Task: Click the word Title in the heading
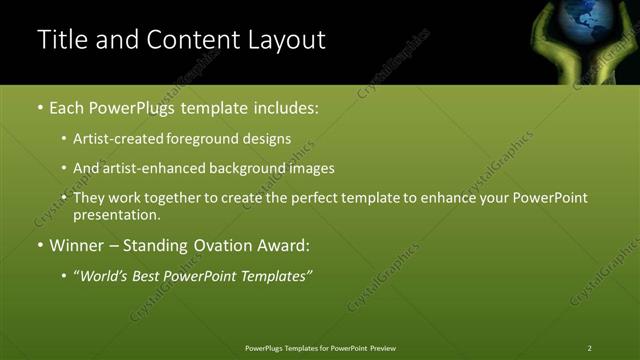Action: click(x=61, y=40)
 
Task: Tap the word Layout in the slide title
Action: click(x=283, y=40)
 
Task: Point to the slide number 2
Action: click(x=590, y=347)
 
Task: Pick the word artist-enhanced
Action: click(x=152, y=169)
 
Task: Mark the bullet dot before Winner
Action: click(x=40, y=245)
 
